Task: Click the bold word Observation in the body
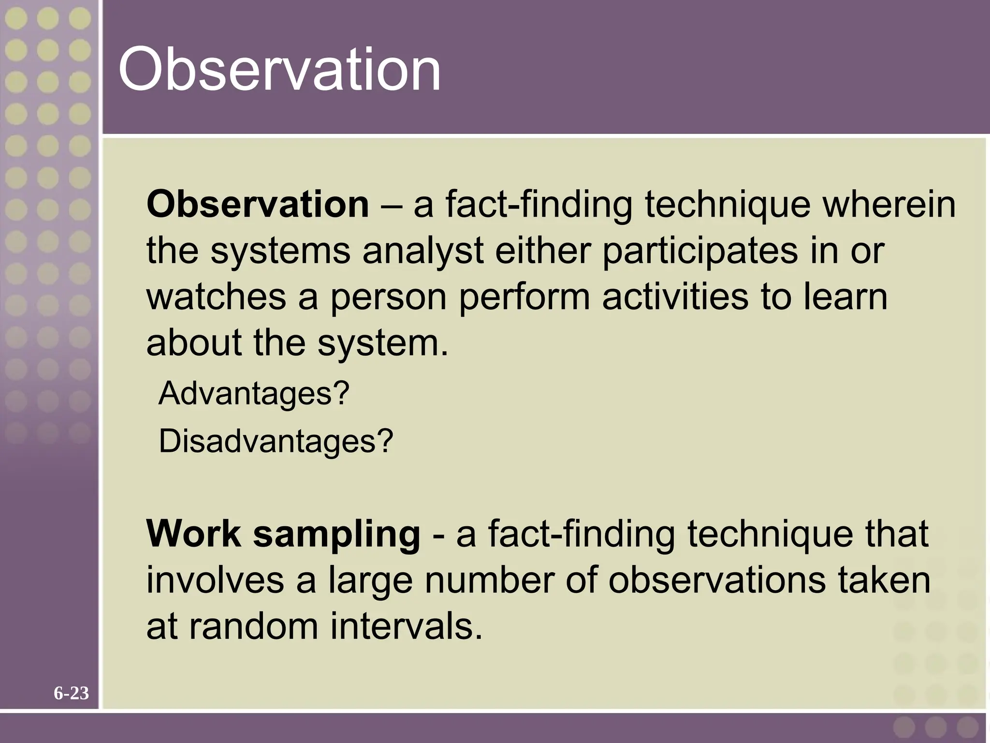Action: coord(258,204)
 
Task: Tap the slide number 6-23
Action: coord(71,693)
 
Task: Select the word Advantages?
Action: coord(253,393)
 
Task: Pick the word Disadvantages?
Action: coord(276,441)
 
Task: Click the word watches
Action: coord(216,297)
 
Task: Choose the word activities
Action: coord(675,297)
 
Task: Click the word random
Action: coord(253,626)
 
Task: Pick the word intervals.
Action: coord(406,626)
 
